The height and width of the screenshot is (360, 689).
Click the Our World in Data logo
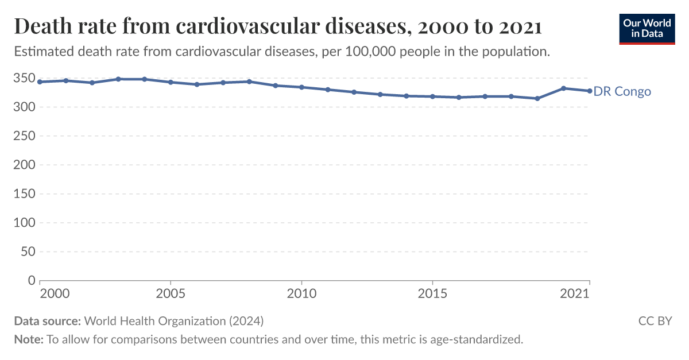point(647,27)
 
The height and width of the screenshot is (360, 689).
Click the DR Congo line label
point(622,91)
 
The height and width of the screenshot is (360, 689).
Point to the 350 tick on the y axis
point(25,78)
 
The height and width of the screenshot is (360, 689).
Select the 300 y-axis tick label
point(25,107)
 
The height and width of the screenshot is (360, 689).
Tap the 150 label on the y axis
point(25,194)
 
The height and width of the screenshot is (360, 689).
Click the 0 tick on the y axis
point(32,281)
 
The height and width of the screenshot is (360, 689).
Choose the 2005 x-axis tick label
point(171,293)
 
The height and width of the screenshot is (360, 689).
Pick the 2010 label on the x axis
point(301,293)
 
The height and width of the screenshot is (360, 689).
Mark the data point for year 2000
point(40,82)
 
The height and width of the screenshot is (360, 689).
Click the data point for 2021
point(590,91)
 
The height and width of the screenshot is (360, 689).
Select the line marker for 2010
point(301,87)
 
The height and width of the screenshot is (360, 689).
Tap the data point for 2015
point(432,96)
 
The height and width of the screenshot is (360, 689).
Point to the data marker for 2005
point(171,82)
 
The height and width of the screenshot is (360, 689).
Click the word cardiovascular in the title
point(248,27)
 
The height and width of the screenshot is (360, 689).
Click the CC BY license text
point(655,321)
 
